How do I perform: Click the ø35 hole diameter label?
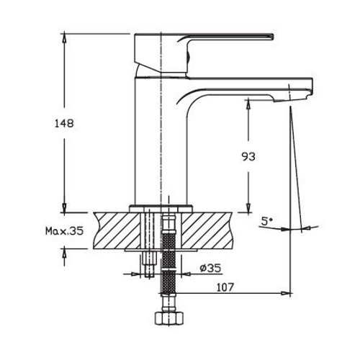click(x=210, y=267)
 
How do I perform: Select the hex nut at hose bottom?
click(x=169, y=320)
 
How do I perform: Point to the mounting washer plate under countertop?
click(x=160, y=248)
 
